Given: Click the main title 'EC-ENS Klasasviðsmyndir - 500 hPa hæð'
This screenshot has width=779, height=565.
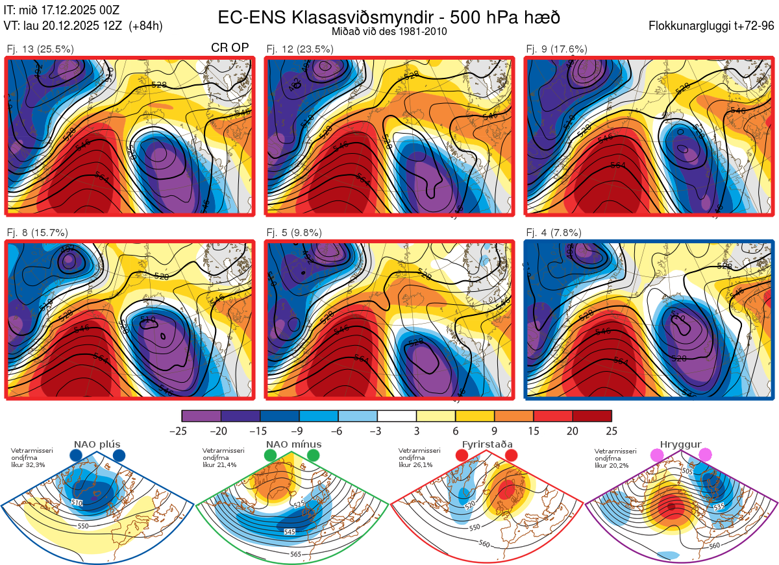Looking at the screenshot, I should pyautogui.click(x=389, y=17).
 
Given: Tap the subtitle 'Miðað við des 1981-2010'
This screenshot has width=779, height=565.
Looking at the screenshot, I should pyautogui.click(x=389, y=31).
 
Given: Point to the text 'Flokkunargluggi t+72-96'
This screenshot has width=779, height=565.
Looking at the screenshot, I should pyautogui.click(x=711, y=26).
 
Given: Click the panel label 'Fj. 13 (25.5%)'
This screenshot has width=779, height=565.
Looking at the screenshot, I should pyautogui.click(x=40, y=49).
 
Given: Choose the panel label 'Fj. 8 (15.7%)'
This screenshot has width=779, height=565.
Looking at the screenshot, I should pyautogui.click(x=37, y=233).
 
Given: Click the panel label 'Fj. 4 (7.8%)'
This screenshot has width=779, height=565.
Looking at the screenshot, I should pyautogui.click(x=554, y=233).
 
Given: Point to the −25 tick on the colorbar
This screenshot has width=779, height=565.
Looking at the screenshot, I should pyautogui.click(x=182, y=431).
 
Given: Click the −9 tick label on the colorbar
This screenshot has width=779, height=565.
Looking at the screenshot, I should pyautogui.click(x=299, y=431).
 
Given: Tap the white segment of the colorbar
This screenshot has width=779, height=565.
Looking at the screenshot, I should pyautogui.click(x=397, y=416).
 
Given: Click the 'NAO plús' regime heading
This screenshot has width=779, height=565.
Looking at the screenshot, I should pyautogui.click(x=97, y=444).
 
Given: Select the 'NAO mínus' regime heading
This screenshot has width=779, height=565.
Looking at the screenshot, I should pyautogui.click(x=293, y=444).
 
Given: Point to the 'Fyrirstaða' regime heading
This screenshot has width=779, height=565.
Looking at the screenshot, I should pyautogui.click(x=488, y=444).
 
